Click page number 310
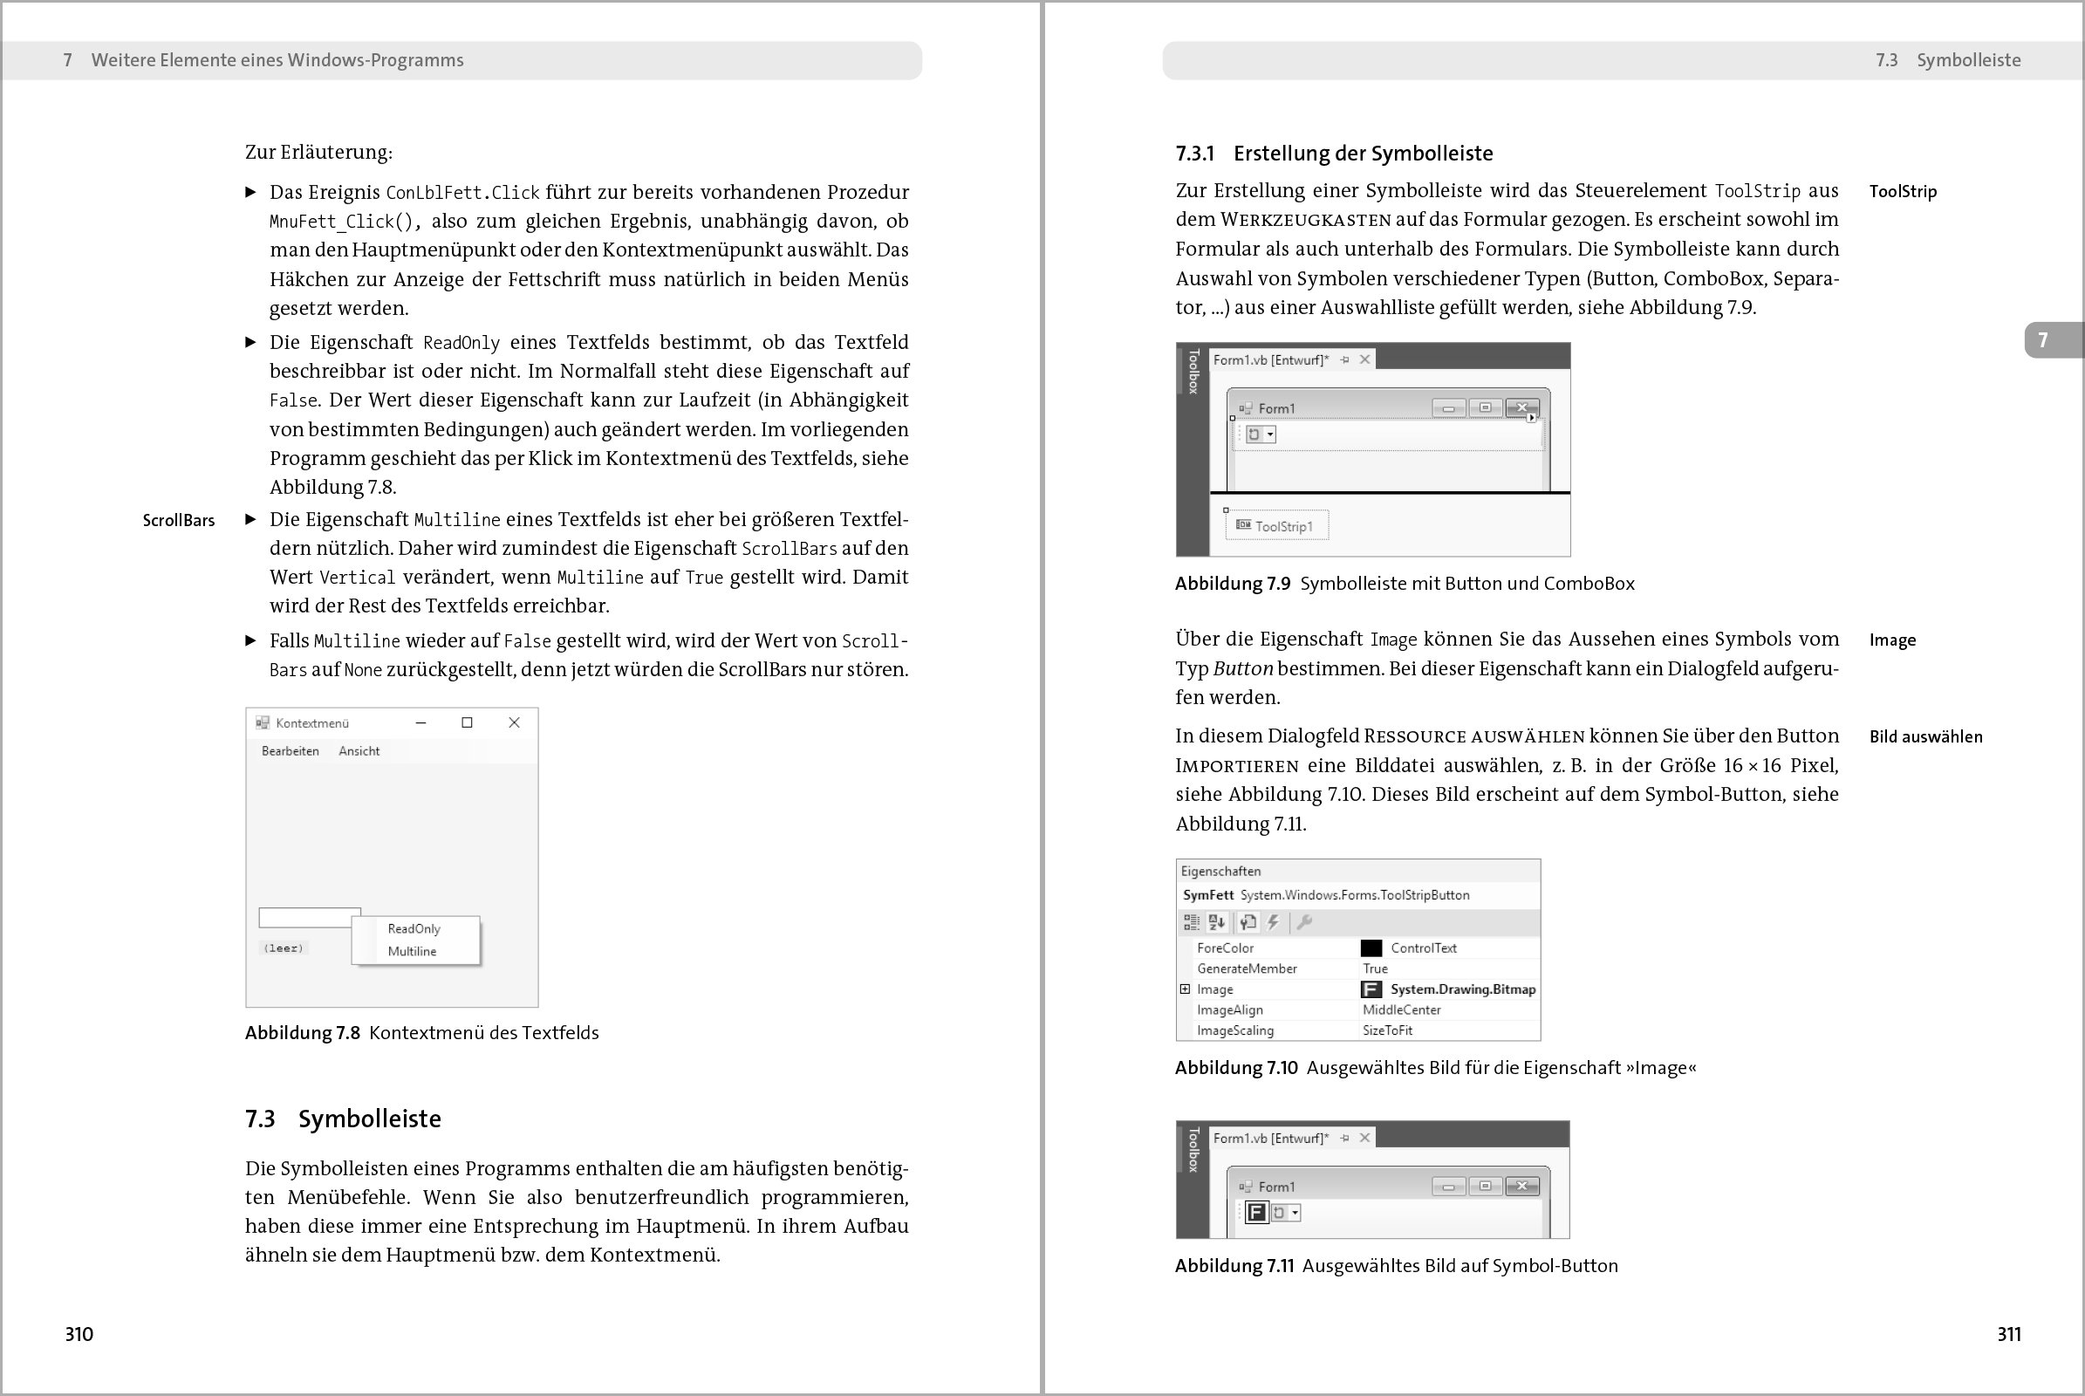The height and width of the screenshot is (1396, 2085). click(79, 1334)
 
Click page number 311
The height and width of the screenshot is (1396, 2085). click(2008, 1334)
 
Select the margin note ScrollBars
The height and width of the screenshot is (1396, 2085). click(179, 521)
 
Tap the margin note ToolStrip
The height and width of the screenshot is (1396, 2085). click(1903, 191)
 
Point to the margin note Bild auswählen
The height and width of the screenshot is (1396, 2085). click(1925, 737)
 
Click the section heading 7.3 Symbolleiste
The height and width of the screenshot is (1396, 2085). click(343, 1119)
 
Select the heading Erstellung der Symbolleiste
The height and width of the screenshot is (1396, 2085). click(1362, 154)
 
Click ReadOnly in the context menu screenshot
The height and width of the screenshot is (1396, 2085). click(414, 928)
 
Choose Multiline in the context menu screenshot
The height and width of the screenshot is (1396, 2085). click(412, 951)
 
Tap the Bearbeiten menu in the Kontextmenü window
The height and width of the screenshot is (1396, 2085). click(291, 751)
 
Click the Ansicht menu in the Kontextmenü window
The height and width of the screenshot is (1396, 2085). click(359, 751)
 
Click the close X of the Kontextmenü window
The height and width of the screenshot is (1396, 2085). click(514, 723)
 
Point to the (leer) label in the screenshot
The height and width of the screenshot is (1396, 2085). click(284, 948)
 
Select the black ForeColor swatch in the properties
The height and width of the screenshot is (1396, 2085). click(1371, 948)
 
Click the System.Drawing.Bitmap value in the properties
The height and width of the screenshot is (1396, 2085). click(1463, 989)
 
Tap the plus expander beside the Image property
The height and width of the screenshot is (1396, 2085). click(1185, 989)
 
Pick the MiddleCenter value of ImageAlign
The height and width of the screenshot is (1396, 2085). click(1401, 1009)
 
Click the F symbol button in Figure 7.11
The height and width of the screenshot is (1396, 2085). click(1256, 1213)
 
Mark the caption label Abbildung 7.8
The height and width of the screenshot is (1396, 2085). click(303, 1033)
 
